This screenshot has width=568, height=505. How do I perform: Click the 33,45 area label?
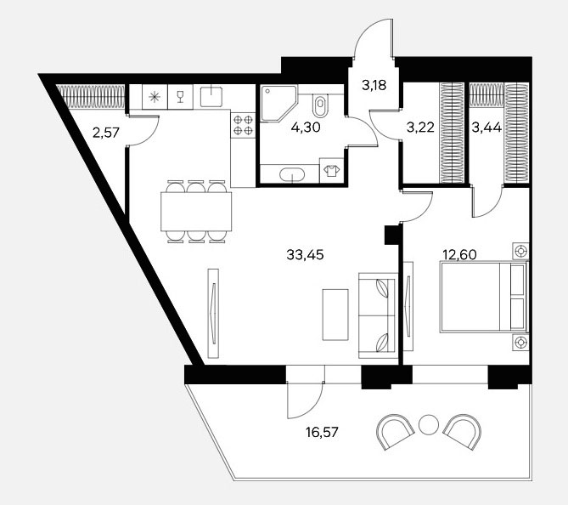[305, 255]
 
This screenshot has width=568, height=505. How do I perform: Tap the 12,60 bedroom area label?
[459, 255]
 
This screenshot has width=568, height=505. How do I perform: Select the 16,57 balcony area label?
[322, 432]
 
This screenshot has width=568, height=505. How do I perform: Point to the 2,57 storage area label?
[106, 133]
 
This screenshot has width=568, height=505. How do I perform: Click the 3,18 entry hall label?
[374, 85]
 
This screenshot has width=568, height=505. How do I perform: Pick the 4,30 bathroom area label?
[306, 128]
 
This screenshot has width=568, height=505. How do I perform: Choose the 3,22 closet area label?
[420, 128]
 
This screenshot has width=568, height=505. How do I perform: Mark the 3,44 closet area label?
[486, 128]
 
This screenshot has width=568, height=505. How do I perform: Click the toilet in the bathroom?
[320, 103]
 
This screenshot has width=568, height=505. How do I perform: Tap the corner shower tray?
[278, 104]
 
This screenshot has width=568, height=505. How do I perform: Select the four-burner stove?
[243, 125]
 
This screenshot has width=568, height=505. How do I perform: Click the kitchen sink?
[211, 96]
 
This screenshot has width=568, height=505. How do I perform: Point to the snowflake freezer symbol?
[155, 97]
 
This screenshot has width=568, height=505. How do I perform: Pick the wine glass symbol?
[180, 97]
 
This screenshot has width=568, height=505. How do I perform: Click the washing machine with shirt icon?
[331, 171]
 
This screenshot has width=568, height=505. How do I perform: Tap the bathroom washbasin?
[292, 174]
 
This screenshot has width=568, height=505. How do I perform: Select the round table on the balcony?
[429, 424]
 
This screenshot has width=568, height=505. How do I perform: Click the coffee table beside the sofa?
[335, 315]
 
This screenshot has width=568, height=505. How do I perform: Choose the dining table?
[196, 212]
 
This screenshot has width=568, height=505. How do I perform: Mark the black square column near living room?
[391, 235]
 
